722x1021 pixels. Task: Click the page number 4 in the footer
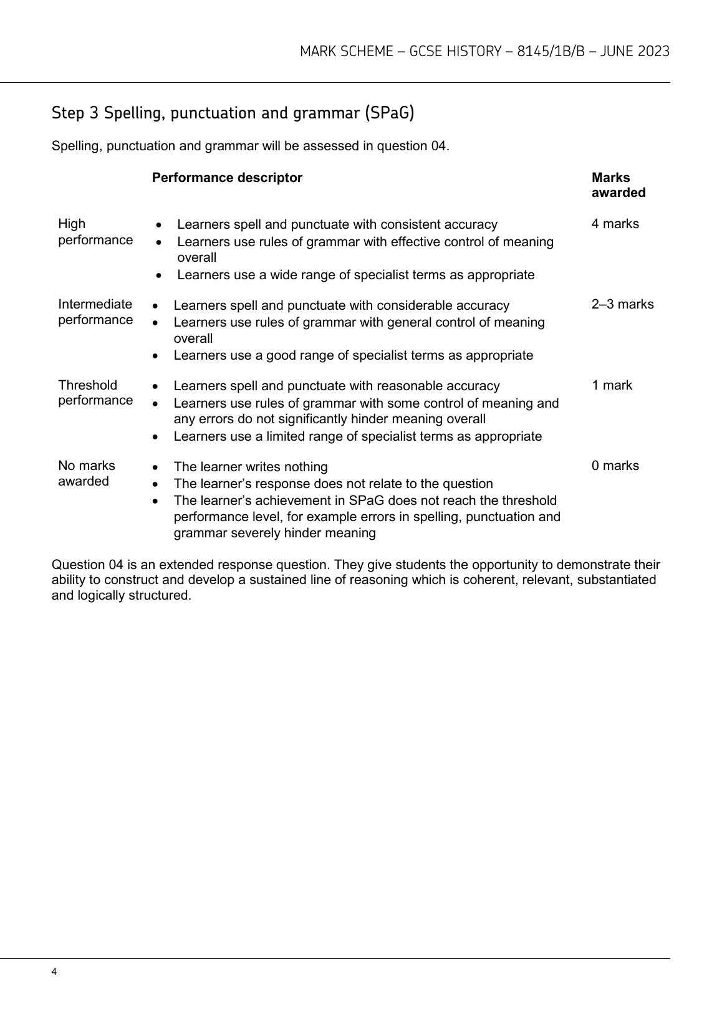(x=55, y=972)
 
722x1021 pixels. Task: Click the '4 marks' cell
(x=615, y=224)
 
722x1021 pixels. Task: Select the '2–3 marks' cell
(x=622, y=304)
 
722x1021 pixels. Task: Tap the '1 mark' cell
(x=612, y=385)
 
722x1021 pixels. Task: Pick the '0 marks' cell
(x=615, y=466)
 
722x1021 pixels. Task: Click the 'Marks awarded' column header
(x=618, y=185)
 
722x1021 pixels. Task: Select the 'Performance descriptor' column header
(x=227, y=178)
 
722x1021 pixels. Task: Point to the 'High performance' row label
(x=95, y=232)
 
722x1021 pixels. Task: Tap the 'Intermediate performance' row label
(x=95, y=312)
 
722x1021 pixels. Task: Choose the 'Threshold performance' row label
(x=95, y=393)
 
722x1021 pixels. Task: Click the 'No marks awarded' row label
(x=86, y=473)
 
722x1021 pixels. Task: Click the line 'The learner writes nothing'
(x=250, y=467)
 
